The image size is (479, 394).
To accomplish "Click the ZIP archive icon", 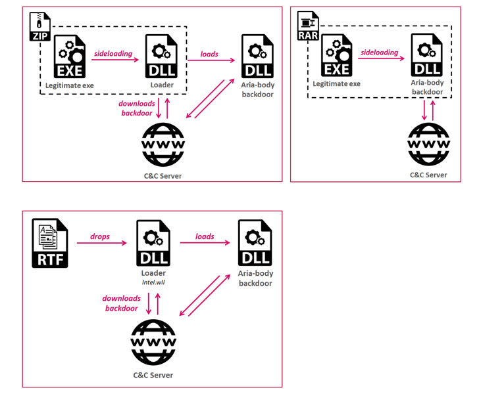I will tap(41, 26).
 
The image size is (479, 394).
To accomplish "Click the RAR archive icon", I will tap(308, 26).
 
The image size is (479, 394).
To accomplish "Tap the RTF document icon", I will tap(49, 244).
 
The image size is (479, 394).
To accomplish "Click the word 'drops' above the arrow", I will tap(101, 236).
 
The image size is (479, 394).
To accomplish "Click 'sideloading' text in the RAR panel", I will tap(379, 52).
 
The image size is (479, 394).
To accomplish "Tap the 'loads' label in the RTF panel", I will tap(205, 236).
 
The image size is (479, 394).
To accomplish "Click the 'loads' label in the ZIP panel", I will tap(210, 55).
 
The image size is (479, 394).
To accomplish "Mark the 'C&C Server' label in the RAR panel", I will tap(428, 175).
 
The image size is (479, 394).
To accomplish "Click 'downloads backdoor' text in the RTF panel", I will tap(121, 303).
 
